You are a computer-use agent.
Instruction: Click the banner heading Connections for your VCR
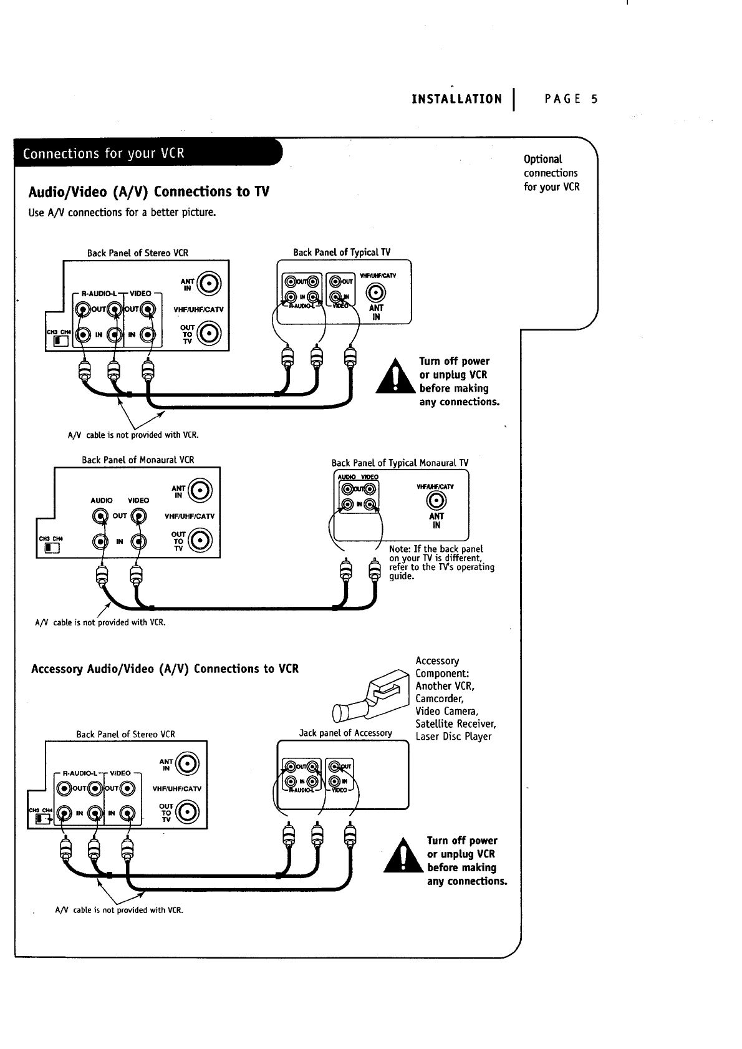104,153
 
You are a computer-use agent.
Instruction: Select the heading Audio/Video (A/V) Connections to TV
149,191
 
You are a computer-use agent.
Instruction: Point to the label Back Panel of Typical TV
342,253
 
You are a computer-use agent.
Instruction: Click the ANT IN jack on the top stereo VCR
209,284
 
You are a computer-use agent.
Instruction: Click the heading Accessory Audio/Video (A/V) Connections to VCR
165,669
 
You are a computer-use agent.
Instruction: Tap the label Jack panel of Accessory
345,733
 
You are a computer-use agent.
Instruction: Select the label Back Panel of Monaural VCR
138,460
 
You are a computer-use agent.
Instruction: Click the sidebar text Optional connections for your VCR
551,173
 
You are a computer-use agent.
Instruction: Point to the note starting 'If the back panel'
441,563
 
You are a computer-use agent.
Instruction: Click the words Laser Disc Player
453,737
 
